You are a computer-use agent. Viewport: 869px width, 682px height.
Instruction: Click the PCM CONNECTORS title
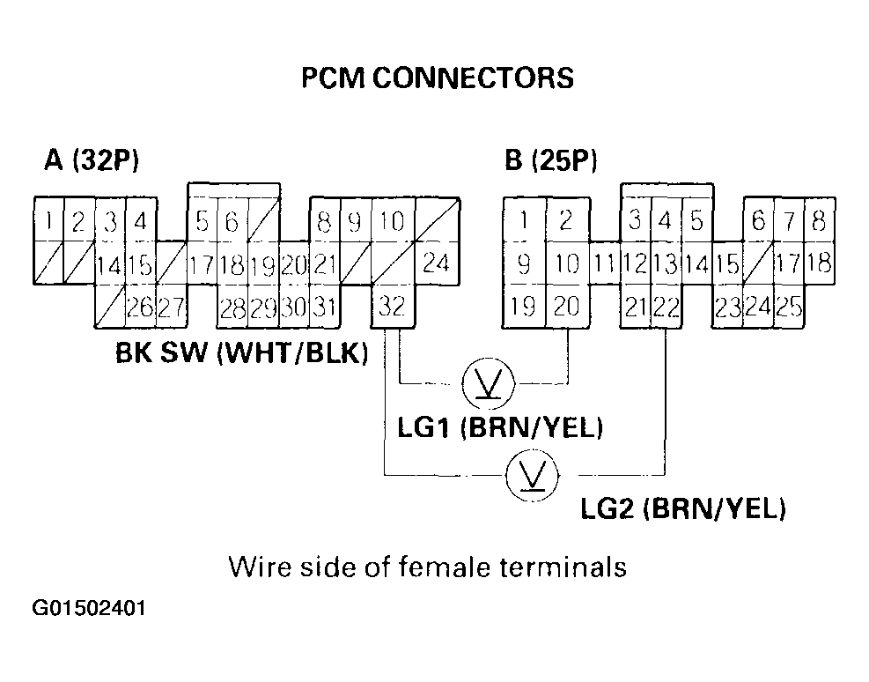click(437, 78)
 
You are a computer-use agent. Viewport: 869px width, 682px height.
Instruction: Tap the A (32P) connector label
click(92, 161)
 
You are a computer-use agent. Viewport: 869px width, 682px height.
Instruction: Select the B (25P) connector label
click(551, 161)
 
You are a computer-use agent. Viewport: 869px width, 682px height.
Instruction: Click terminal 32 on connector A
click(393, 306)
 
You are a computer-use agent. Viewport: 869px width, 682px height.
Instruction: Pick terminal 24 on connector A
click(435, 263)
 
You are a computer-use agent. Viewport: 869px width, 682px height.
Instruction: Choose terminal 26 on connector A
click(140, 306)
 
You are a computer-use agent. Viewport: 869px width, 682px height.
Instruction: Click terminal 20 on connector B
click(567, 306)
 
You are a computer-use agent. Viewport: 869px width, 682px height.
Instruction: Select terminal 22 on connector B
click(666, 306)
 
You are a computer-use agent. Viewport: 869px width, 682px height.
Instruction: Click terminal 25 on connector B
click(789, 306)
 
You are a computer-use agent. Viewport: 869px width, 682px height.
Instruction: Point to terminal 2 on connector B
click(566, 220)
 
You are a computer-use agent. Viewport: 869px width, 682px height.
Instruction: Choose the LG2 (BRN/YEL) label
click(683, 509)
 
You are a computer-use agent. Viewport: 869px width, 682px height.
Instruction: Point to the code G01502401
click(89, 609)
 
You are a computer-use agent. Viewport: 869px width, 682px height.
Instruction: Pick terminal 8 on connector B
click(818, 220)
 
